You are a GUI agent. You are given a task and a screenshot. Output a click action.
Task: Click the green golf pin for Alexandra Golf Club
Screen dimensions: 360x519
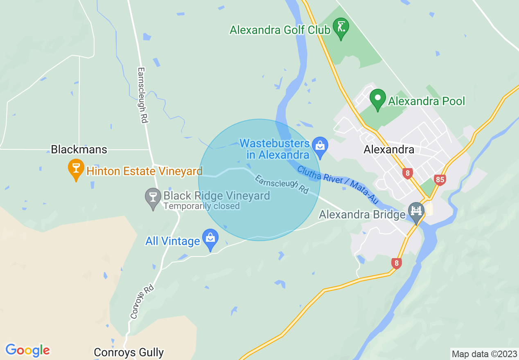(x=341, y=28)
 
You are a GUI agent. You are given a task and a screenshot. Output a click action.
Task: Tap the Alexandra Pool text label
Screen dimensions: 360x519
(x=426, y=101)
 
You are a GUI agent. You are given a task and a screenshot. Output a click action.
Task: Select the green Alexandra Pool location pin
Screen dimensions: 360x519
(x=378, y=99)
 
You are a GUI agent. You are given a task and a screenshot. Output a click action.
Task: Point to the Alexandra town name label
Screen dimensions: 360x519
(x=389, y=150)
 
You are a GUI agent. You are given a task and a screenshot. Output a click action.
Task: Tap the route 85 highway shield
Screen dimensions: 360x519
(x=440, y=179)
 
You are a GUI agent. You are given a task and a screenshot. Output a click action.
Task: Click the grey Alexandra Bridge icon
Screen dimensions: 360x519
(x=417, y=211)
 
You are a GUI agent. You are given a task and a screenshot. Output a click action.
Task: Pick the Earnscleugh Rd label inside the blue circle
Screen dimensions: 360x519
(x=282, y=184)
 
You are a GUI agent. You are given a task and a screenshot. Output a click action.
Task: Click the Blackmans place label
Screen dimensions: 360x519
(x=79, y=149)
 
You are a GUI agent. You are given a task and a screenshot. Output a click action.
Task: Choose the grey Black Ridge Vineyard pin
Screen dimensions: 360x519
(x=153, y=198)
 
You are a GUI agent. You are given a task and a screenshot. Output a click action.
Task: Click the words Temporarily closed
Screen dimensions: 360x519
(x=201, y=206)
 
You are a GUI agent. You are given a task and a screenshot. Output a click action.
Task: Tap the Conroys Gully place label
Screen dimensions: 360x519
(x=129, y=352)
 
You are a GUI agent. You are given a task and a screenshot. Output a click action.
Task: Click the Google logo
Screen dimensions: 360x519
(x=27, y=350)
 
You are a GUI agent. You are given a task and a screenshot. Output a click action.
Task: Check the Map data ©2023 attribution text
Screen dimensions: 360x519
(x=484, y=354)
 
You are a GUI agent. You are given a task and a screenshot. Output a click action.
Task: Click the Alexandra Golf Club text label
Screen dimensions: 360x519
(x=280, y=30)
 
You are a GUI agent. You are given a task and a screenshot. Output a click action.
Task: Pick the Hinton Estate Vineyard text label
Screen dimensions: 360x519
(x=144, y=171)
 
